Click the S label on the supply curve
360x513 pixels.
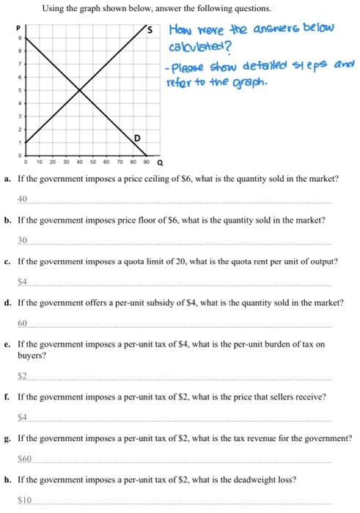150,31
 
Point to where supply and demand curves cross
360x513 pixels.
80,90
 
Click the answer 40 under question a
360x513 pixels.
23,199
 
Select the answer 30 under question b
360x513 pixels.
23,240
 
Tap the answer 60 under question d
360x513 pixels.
23,322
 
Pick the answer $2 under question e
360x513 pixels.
23,375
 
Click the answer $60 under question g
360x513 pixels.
24,458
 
